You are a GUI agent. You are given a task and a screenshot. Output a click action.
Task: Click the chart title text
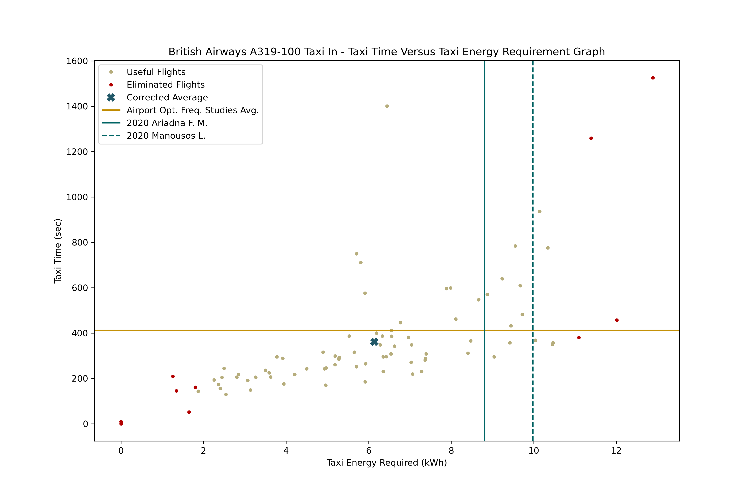click(387, 52)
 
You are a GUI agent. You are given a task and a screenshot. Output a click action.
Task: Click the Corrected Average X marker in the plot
click(374, 342)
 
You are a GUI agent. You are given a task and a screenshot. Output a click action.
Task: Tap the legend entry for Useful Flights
click(156, 72)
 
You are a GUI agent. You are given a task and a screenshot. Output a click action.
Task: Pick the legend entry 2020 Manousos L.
click(166, 136)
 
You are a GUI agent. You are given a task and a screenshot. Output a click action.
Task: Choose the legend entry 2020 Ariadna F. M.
click(167, 123)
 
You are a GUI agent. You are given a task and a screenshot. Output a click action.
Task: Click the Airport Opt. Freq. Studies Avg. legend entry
click(193, 110)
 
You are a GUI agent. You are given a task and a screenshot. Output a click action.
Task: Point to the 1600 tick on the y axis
click(77, 61)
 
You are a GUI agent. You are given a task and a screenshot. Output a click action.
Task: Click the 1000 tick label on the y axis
click(77, 197)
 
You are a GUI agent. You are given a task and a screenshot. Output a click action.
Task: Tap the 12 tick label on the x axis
click(616, 451)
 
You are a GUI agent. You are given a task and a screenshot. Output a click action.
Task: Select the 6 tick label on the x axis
click(368, 451)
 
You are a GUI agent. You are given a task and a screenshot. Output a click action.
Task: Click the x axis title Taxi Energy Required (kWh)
click(387, 463)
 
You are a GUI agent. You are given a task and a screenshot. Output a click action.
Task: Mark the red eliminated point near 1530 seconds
click(653, 78)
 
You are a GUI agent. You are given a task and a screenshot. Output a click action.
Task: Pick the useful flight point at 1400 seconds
click(387, 106)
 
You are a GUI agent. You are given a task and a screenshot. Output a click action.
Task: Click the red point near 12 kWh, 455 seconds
click(617, 320)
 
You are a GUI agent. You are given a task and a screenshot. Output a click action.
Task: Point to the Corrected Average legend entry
click(167, 97)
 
